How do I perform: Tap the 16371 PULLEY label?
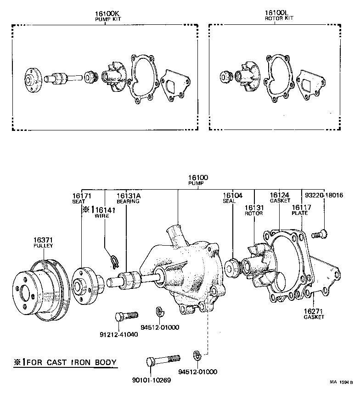click(x=43, y=242)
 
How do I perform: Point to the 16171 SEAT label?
click(x=81, y=198)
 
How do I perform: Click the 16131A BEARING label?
click(x=128, y=198)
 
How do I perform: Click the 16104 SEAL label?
click(x=232, y=198)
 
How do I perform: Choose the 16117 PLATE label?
click(x=301, y=210)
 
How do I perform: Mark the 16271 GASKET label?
click(x=314, y=314)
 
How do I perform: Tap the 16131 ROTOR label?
click(x=253, y=210)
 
